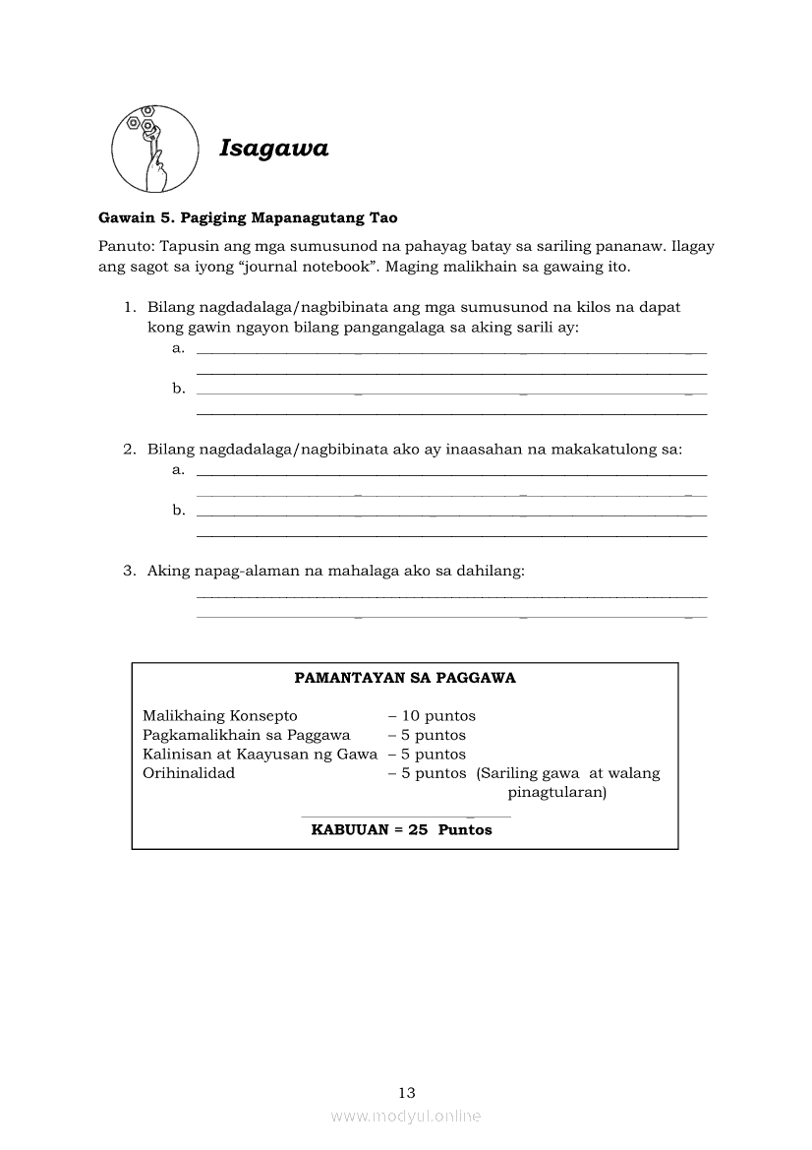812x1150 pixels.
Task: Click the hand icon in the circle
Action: point(152,149)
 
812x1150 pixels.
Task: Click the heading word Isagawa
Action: point(273,149)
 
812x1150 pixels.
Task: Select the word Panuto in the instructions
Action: point(124,246)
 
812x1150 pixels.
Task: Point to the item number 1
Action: point(129,307)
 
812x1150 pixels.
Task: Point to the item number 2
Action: point(129,450)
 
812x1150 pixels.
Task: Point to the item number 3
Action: point(129,571)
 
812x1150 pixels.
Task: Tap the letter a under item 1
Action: point(178,348)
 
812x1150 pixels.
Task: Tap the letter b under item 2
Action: point(178,510)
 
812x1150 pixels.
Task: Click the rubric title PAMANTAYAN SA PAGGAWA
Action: point(405,678)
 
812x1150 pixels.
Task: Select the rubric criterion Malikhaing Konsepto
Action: point(219,716)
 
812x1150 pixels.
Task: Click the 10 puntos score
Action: point(432,716)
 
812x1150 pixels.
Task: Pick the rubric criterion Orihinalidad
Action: point(189,773)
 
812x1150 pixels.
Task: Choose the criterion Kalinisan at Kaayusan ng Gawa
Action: point(260,755)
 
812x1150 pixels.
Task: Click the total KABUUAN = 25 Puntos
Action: point(401,830)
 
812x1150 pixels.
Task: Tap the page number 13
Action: point(407,1092)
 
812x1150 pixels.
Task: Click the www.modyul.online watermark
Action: point(406,1117)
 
